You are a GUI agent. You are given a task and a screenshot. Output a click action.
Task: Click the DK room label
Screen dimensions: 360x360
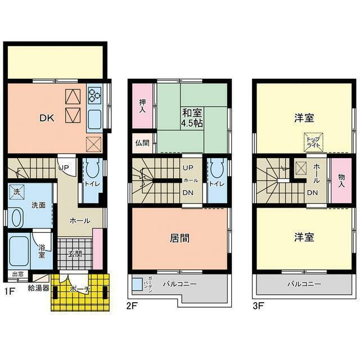click(46, 118)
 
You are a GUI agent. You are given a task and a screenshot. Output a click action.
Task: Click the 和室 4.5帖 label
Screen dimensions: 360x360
click(192, 117)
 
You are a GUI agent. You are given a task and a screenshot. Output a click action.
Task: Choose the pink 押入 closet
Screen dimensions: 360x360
click(143, 106)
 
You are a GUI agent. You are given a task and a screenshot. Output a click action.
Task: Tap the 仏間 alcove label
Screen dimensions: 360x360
click(142, 143)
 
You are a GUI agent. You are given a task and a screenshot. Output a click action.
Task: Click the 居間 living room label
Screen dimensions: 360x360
click(179, 238)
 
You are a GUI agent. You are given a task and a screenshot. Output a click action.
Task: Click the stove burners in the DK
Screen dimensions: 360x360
click(94, 95)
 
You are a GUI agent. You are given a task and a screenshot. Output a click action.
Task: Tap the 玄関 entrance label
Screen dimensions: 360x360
click(76, 254)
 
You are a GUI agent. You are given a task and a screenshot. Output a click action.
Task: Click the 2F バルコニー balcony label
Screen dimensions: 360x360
click(179, 283)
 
